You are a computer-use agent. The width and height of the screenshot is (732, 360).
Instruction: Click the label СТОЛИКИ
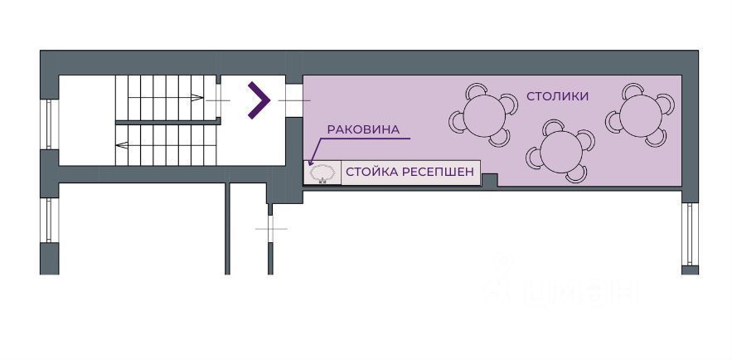click(557, 96)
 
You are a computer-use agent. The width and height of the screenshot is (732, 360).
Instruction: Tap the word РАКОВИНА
click(363, 129)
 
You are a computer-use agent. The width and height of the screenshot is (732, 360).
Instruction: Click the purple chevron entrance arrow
click(259, 100)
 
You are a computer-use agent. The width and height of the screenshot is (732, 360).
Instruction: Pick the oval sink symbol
click(322, 173)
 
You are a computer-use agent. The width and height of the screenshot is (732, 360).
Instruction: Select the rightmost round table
click(641, 114)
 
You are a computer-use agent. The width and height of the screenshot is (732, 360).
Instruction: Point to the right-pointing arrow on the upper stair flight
click(198, 98)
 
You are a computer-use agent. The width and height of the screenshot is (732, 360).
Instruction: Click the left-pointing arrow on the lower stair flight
click(121, 145)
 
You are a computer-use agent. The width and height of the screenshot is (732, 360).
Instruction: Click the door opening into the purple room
click(293, 100)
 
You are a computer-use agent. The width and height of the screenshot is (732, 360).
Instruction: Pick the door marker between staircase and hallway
click(218, 100)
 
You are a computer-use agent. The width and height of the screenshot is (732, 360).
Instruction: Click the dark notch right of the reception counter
click(489, 179)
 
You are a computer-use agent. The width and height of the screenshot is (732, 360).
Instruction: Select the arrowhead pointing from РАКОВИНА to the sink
click(311, 163)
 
